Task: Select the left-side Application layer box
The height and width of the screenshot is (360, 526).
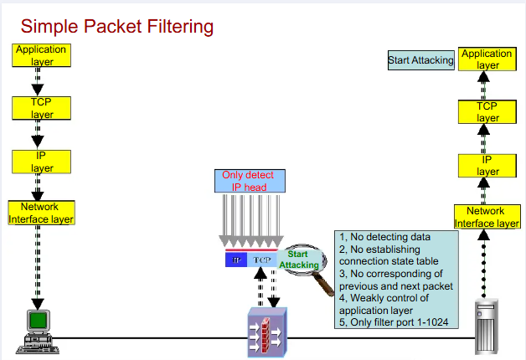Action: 40,55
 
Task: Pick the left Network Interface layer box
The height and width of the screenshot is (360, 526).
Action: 40,213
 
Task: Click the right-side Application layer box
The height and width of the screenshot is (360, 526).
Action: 487,59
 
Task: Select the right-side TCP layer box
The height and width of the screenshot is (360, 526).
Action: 487,112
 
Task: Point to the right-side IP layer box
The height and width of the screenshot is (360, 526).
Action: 487,165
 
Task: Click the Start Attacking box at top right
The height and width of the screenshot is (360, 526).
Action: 420,60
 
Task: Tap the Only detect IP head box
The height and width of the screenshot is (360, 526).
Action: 248,182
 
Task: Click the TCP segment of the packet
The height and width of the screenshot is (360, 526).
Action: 263,260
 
